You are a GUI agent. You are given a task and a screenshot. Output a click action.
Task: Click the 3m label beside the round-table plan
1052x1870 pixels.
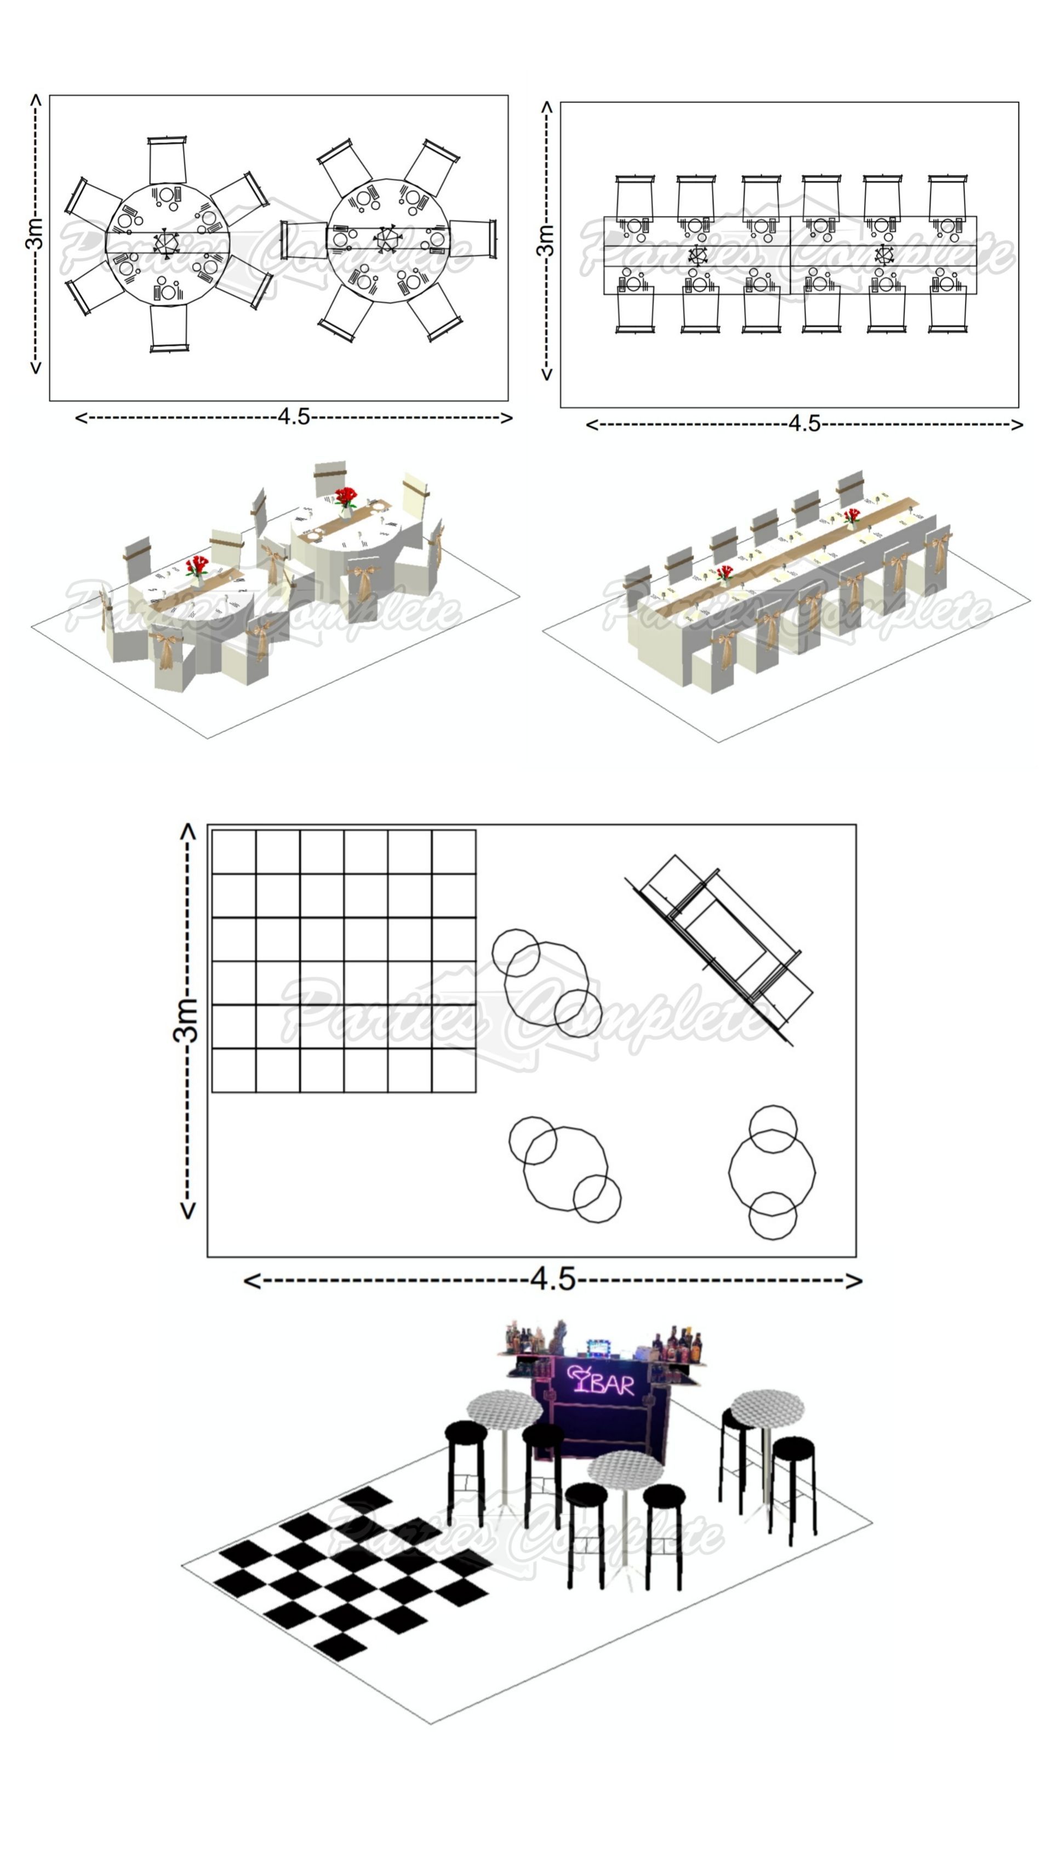pyautogui.click(x=34, y=233)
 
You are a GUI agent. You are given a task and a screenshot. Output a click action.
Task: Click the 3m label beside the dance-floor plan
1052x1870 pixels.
pyautogui.click(x=186, y=1020)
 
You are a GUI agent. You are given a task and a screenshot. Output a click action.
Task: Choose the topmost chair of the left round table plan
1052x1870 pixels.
pyautogui.click(x=167, y=159)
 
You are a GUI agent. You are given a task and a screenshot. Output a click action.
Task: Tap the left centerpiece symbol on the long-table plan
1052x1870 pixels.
pyautogui.click(x=697, y=255)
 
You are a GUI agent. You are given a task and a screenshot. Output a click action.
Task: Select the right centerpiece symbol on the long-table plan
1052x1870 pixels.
pyautogui.click(x=884, y=255)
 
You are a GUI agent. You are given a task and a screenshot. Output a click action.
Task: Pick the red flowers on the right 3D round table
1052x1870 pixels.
pyautogui.click(x=345, y=498)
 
